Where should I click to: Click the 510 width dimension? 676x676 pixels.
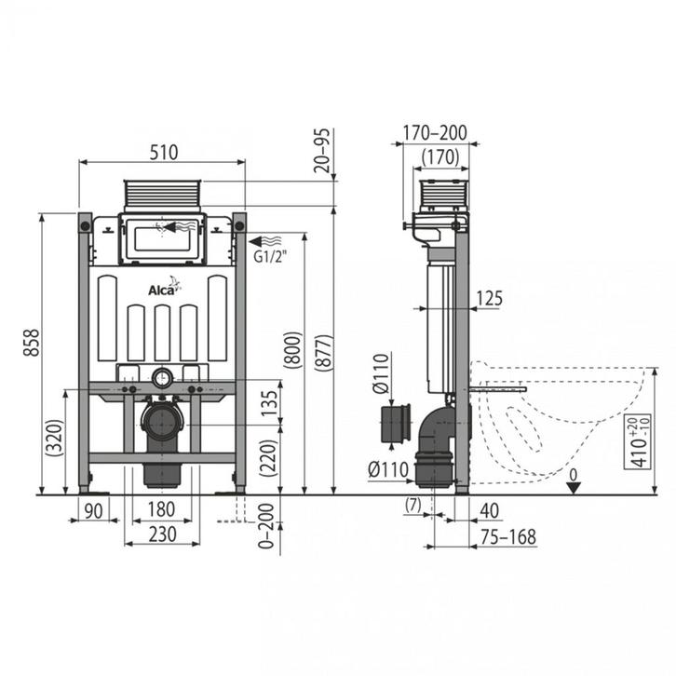click(163, 152)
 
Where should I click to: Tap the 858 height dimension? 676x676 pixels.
click(32, 343)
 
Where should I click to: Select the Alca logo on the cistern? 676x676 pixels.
click(164, 287)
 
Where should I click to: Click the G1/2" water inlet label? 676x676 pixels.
click(270, 256)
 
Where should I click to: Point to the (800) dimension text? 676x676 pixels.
click(293, 350)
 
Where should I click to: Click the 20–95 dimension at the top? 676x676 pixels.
click(322, 151)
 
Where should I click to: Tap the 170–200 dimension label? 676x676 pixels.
click(435, 133)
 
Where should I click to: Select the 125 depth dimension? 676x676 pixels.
click(490, 298)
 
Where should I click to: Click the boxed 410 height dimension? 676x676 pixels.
click(638, 441)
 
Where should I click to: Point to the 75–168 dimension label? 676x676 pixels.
click(508, 537)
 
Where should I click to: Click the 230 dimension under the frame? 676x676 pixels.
click(163, 534)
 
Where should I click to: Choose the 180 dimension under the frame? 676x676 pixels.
click(161, 509)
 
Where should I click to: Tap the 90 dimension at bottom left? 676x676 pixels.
click(93, 511)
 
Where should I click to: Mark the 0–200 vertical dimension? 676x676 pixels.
click(266, 526)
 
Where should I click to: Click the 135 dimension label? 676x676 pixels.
click(270, 403)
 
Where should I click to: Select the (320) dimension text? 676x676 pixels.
click(56, 438)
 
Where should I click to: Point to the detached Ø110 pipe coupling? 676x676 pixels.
click(396, 424)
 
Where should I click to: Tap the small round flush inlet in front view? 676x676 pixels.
click(162, 378)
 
